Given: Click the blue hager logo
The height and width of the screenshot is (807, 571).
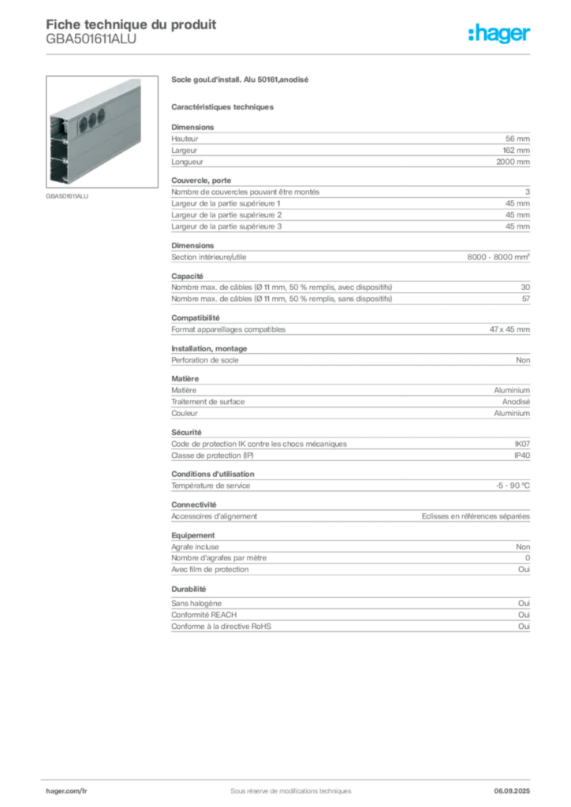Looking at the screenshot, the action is pyautogui.click(x=501, y=35).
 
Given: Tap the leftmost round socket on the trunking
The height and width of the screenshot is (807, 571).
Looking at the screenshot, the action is pyautogui.click(x=80, y=122).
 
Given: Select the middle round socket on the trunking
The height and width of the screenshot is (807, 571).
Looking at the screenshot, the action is pyautogui.click(x=90, y=119).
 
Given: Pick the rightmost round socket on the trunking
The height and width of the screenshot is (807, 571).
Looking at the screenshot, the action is pyautogui.click(x=100, y=116).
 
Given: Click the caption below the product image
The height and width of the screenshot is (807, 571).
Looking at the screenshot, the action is pyautogui.click(x=69, y=197).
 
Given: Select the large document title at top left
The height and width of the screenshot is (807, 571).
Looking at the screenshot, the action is pyautogui.click(x=130, y=23).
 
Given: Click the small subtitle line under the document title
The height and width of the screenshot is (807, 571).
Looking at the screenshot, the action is pyautogui.click(x=91, y=45).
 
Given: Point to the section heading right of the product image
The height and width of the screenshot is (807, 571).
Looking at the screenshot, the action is pyautogui.click(x=242, y=81).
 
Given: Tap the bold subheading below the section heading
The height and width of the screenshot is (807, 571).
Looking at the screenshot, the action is pyautogui.click(x=223, y=106).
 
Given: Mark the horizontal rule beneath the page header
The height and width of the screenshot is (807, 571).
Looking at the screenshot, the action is pyautogui.click(x=290, y=54).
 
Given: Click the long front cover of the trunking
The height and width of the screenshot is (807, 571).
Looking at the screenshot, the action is pyautogui.click(x=106, y=138).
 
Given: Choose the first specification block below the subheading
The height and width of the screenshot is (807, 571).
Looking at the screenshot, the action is pyautogui.click(x=349, y=146).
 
